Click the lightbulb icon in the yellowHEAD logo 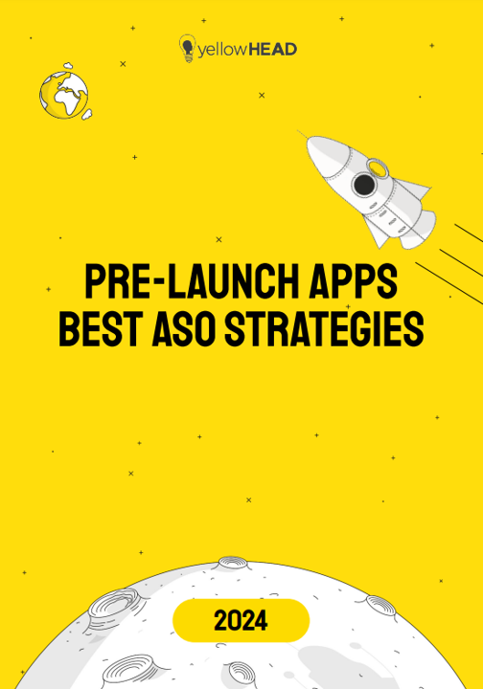[x=187, y=47]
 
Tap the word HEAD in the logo [x=272, y=49]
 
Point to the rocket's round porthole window [x=364, y=185]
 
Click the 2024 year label [x=241, y=621]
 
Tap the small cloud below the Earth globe [x=86, y=114]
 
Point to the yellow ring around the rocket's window [x=378, y=168]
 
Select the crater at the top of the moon [x=233, y=564]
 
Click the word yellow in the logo [x=222, y=49]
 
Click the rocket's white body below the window [x=383, y=206]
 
